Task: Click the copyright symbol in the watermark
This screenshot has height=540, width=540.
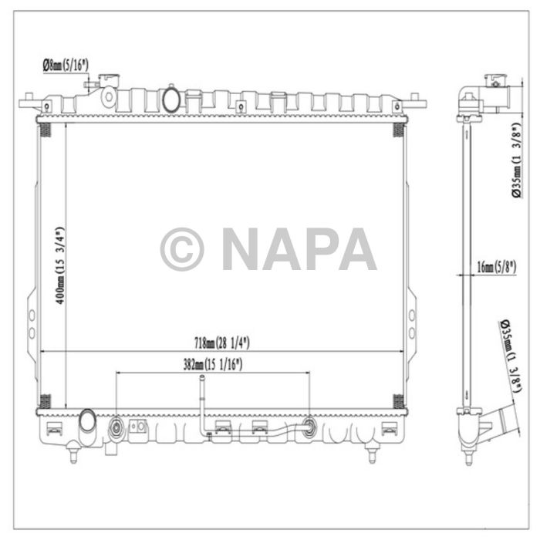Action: tap(182, 249)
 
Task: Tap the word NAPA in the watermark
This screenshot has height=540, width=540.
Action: tap(299, 249)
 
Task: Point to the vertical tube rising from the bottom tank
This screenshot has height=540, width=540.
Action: tap(201, 401)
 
